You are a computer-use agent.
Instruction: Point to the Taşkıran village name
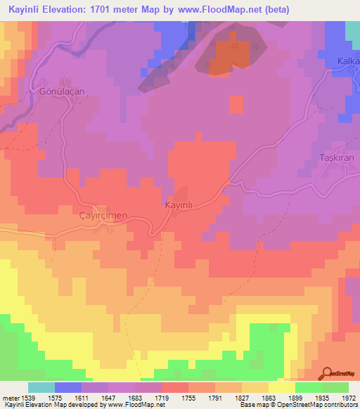pyautogui.click(x=337, y=159)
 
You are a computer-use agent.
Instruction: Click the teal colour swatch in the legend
pyautogui.click(x=41, y=387)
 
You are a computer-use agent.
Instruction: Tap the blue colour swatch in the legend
pyautogui.click(x=68, y=387)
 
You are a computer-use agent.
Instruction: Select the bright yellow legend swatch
pyautogui.click(x=282, y=387)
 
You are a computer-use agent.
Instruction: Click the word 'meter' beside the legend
pyautogui.click(x=9, y=397)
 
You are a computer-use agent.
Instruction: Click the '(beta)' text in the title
pyautogui.click(x=274, y=11)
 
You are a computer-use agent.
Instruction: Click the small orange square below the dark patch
pyautogui.click(x=236, y=104)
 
